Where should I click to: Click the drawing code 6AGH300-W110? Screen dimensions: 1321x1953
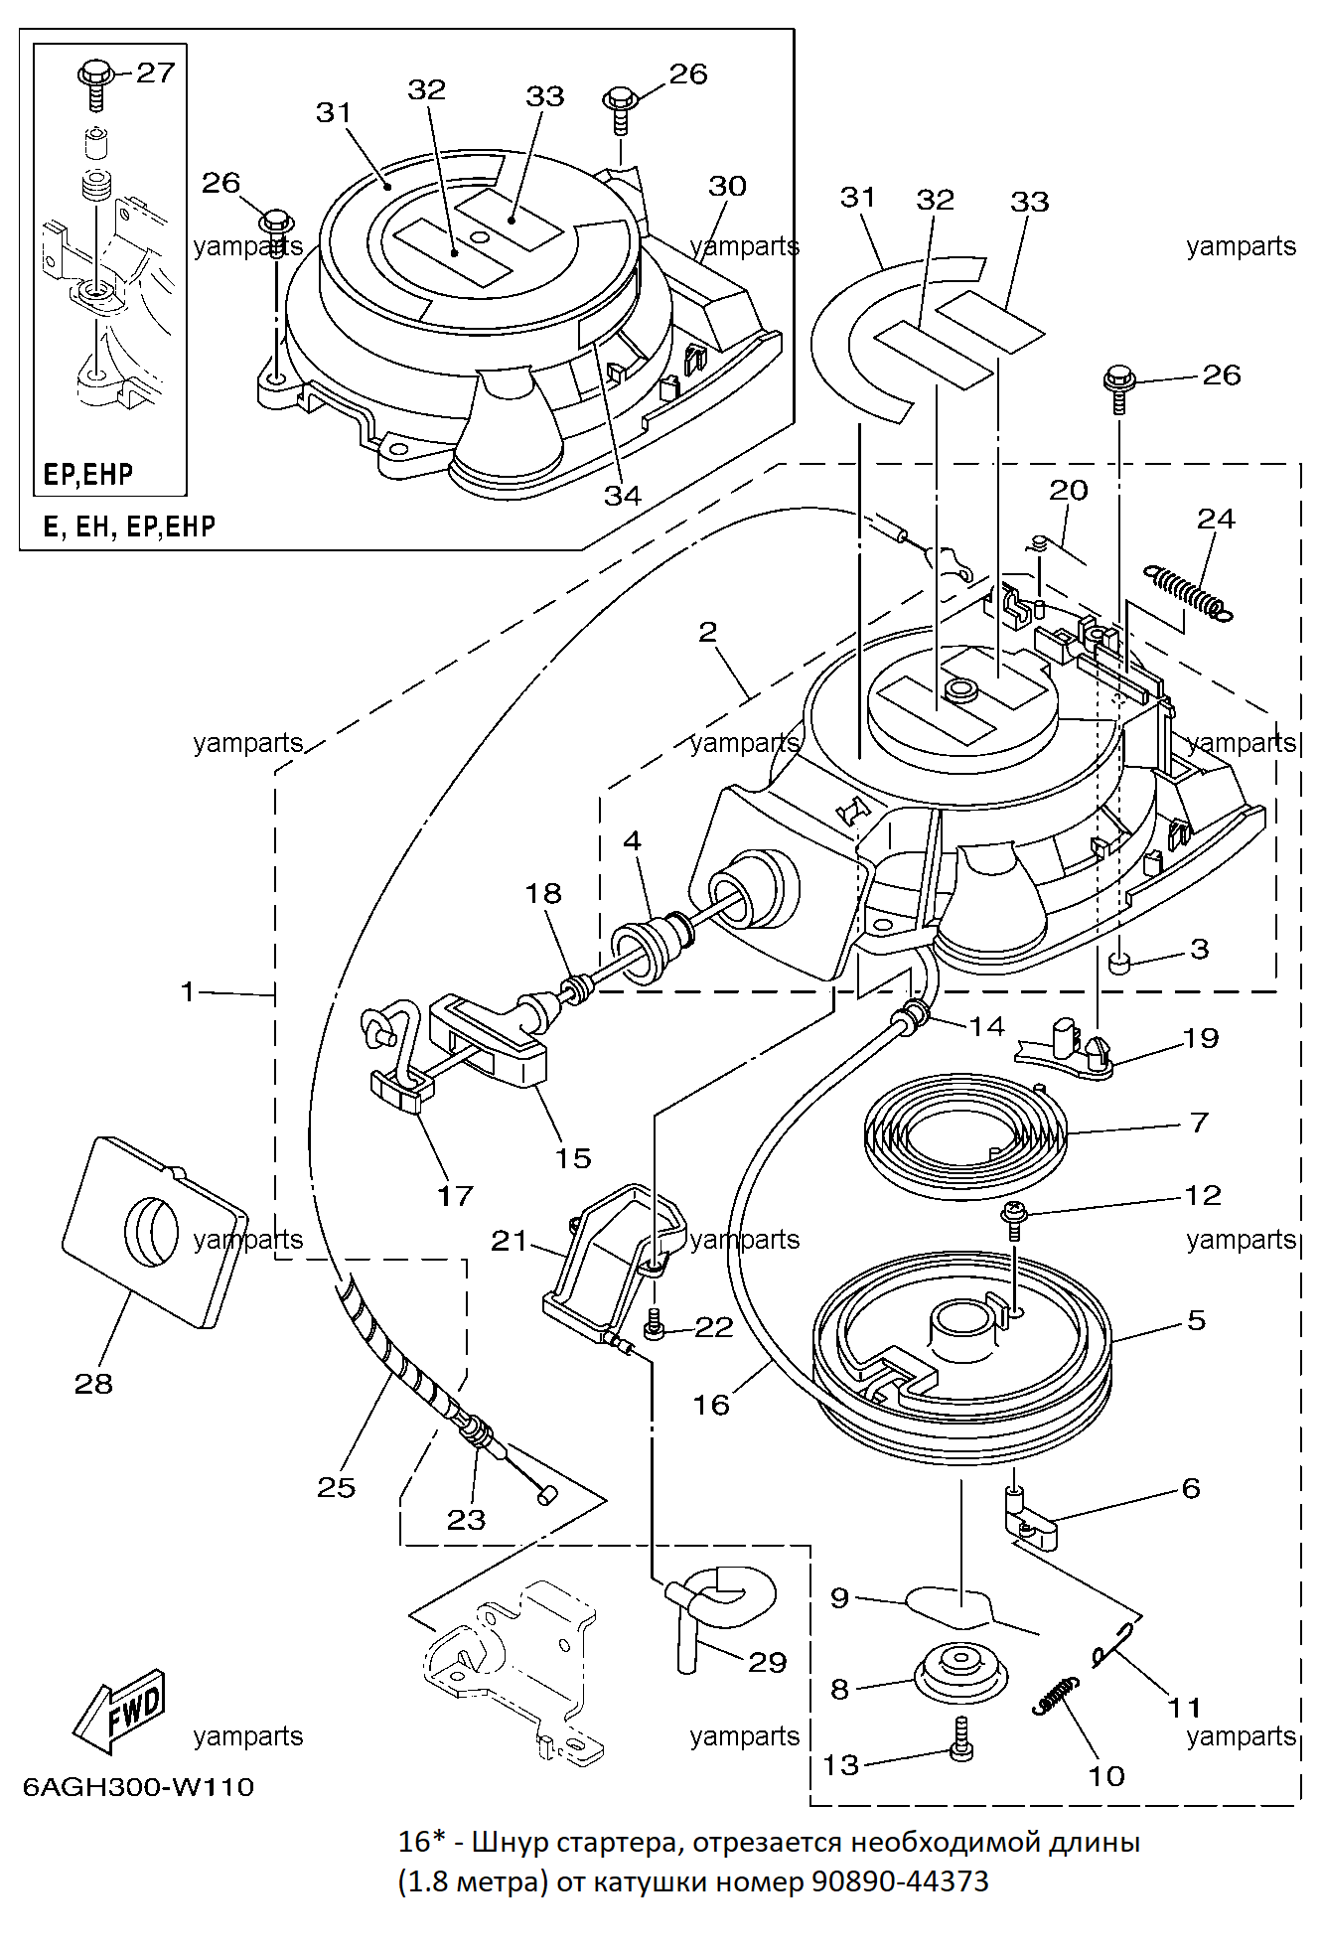[138, 1786]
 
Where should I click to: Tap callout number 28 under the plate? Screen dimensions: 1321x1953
[93, 1384]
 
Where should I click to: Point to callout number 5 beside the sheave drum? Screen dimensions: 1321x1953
[1197, 1320]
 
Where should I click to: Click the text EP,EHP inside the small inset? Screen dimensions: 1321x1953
[88, 474]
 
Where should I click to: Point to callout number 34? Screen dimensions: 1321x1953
[623, 495]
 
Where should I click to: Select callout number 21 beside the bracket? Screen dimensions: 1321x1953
[510, 1241]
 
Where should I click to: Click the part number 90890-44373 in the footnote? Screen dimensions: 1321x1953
[900, 1881]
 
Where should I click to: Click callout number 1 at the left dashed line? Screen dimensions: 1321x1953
[188, 991]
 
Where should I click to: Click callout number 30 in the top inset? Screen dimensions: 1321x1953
[727, 186]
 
